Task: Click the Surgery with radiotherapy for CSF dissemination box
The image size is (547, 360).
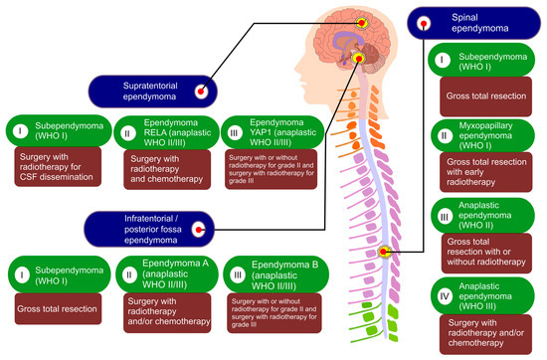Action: [x=59, y=165]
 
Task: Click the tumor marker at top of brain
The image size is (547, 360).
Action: [x=361, y=21]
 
